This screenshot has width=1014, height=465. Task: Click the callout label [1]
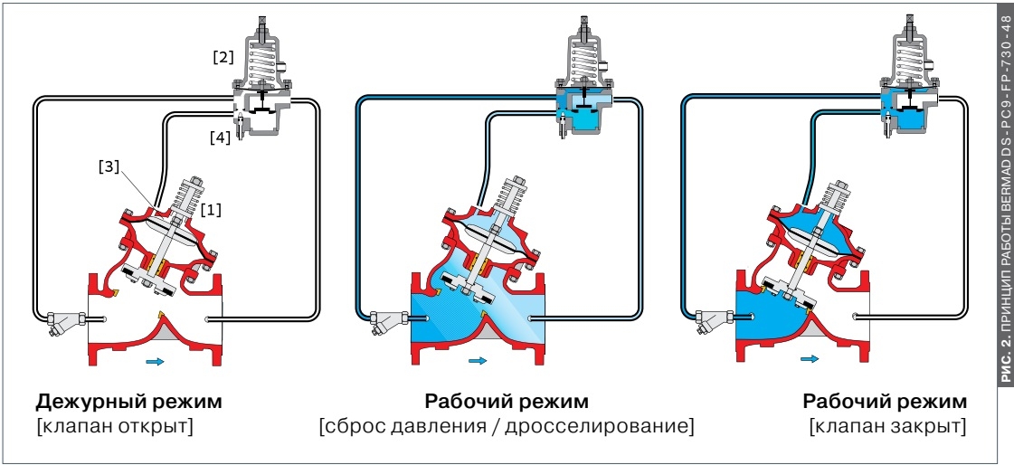coord(211,210)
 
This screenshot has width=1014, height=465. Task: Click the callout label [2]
coord(223,57)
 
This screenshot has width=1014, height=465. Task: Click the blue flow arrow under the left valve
coord(156,360)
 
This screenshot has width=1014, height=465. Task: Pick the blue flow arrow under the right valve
coord(809,358)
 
